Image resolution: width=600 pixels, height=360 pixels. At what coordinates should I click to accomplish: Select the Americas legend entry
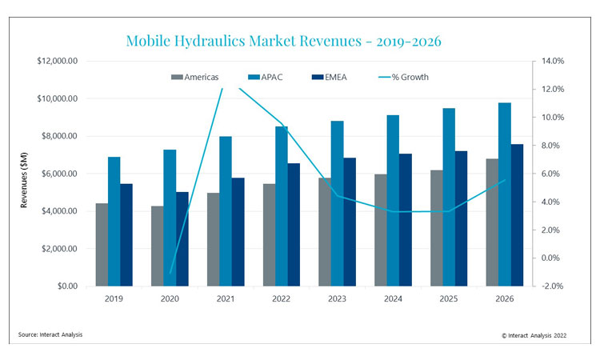tap(196, 77)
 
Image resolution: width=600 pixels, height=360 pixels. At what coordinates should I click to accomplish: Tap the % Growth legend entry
tap(404, 77)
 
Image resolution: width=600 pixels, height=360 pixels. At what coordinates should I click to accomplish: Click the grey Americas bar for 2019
tap(102, 245)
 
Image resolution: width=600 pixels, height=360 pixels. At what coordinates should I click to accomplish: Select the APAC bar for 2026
tap(504, 194)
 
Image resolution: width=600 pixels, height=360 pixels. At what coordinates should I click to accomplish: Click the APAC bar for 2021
tap(226, 211)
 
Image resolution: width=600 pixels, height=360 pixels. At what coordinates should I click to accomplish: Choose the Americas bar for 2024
tap(381, 230)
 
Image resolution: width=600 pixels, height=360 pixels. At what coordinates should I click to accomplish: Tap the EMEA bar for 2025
tap(461, 218)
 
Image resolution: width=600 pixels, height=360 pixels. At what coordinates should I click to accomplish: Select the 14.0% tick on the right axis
tap(554, 61)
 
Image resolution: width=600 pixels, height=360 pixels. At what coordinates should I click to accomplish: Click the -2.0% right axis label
tap(554, 286)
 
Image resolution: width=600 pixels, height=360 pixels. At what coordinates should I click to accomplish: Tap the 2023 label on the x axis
tap(337, 299)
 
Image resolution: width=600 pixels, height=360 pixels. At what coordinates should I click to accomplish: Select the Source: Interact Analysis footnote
tap(51, 334)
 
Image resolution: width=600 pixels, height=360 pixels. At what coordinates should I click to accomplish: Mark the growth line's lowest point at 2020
tap(170, 274)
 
